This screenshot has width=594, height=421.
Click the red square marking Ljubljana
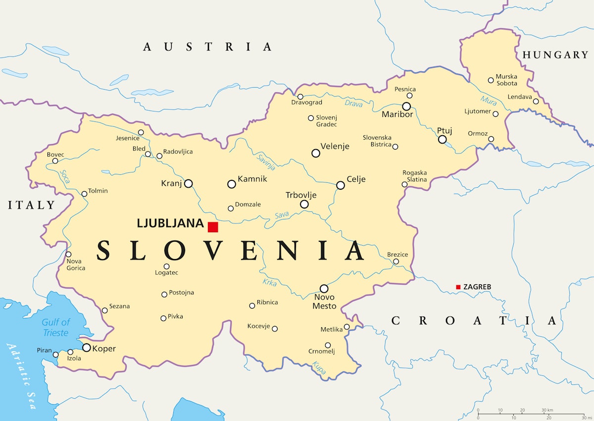pos(213,227)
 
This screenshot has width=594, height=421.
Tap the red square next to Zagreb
pos(458,287)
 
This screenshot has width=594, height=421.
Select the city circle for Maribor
pos(406,106)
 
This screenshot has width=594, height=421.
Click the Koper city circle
pos(87,348)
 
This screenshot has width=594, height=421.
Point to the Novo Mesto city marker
pos(324,288)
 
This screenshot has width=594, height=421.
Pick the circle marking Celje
pos(341,185)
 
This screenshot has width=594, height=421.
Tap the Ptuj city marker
pos(443,140)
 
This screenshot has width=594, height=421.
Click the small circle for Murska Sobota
pos(491,80)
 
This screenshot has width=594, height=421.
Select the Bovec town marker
pos(55,161)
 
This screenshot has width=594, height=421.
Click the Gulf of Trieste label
pos(55,327)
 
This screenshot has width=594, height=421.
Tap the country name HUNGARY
pos(555,55)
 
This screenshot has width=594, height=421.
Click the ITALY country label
pos(31,205)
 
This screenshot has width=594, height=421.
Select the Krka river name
pos(270,282)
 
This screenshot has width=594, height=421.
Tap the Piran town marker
pos(55,355)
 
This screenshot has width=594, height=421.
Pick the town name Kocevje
pos(258,326)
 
